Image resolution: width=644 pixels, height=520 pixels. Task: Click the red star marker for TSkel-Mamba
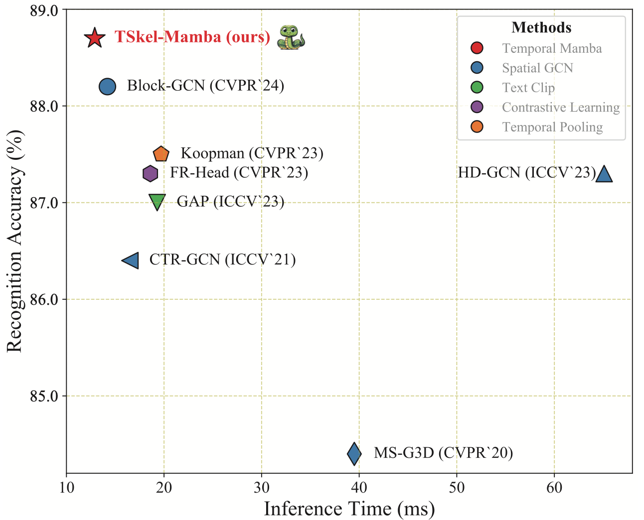pos(94,38)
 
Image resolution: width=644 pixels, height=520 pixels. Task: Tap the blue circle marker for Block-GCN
pos(107,87)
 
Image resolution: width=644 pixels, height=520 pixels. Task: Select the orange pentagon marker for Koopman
pos(161,154)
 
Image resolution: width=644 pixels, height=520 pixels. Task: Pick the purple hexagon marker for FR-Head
pos(150,173)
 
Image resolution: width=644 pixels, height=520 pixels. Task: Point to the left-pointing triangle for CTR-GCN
pos(132,260)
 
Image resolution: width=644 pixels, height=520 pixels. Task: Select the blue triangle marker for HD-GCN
pos(604,174)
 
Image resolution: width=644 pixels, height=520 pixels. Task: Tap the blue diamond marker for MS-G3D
pos(354,454)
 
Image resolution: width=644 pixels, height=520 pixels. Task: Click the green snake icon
pos(290,37)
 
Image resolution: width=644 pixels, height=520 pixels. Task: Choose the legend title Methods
pos(541,27)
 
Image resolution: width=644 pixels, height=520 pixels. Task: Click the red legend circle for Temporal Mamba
pos(477,48)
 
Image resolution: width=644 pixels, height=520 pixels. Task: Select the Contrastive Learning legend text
pos(561,108)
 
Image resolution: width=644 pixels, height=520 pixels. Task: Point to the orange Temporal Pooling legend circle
pos(477,128)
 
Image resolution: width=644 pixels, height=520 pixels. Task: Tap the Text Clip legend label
pos(528,88)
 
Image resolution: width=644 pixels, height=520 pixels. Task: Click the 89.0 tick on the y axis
pos(45,10)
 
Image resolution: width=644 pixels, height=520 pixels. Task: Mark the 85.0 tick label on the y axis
pos(45,396)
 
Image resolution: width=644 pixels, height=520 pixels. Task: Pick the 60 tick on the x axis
pos(554,487)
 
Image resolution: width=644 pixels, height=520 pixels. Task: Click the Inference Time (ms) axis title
pos(349,509)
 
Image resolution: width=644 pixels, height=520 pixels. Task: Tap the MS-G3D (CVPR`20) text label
pos(443,453)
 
